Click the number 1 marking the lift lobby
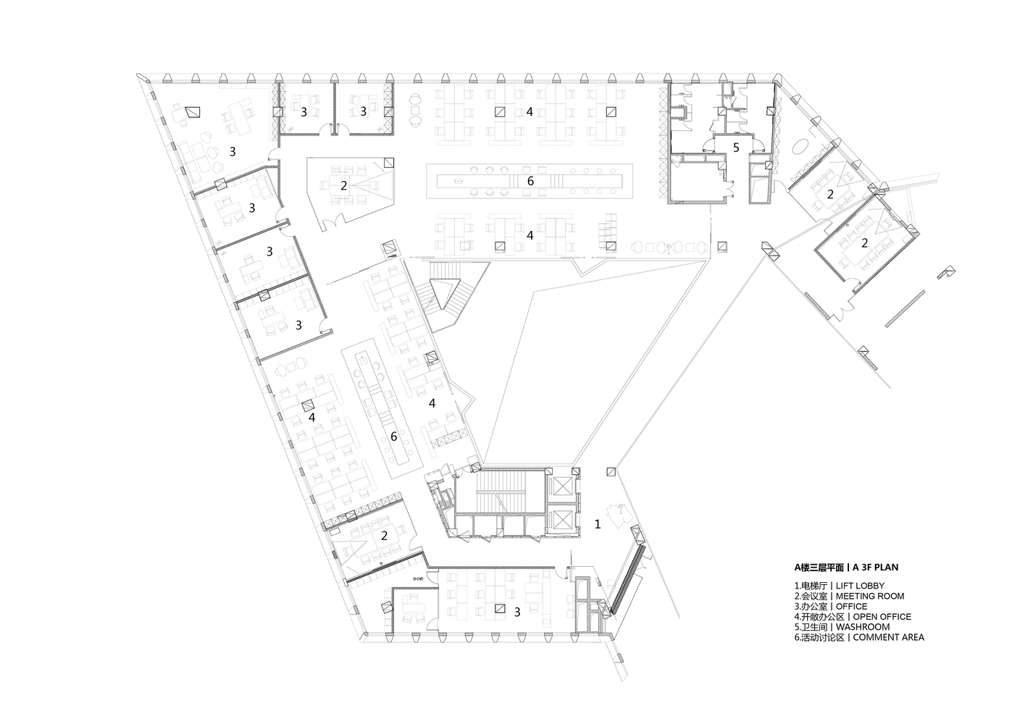click(x=598, y=524)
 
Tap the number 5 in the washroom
click(x=736, y=148)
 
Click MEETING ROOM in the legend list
click(x=870, y=596)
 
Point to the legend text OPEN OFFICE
click(x=882, y=617)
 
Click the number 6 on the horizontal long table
click(x=530, y=181)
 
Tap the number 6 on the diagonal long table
click(x=393, y=437)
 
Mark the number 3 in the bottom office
click(x=517, y=612)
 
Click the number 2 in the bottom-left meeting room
click(x=385, y=536)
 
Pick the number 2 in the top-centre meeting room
click(x=343, y=185)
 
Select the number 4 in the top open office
click(x=530, y=111)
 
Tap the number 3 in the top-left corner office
click(x=233, y=151)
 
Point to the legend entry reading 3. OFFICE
click(x=831, y=607)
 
